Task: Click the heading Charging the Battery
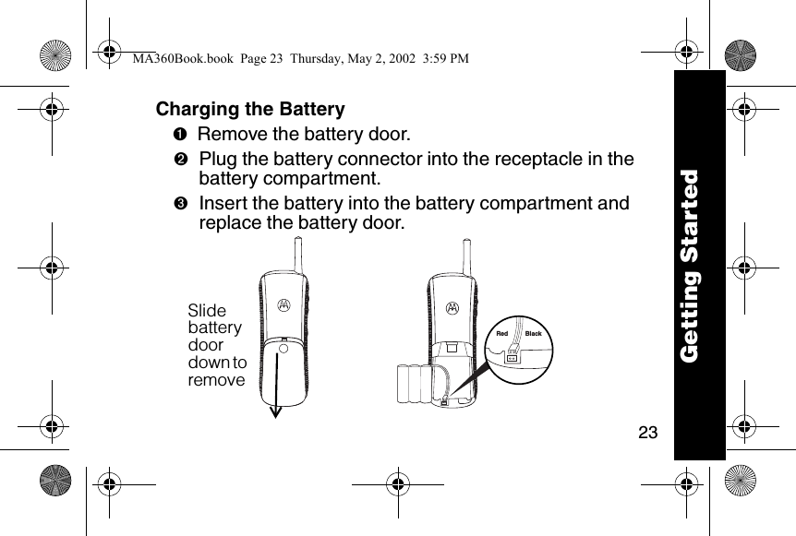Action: coord(250,109)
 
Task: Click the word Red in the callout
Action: coord(502,333)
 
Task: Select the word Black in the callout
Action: coord(533,333)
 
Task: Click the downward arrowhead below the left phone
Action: coord(275,411)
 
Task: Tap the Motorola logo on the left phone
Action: coord(283,305)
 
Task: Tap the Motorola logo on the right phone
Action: coord(452,307)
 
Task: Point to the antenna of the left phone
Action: coord(297,254)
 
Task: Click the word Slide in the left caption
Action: coord(207,312)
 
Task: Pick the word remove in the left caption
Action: coord(217,380)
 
